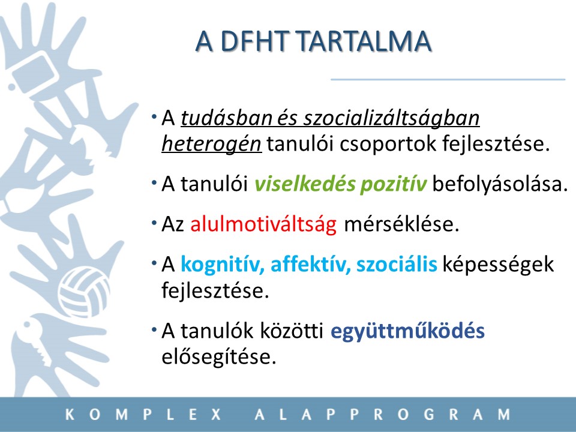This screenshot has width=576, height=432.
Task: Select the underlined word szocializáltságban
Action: [391, 119]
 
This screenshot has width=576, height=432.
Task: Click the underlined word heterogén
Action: [212, 144]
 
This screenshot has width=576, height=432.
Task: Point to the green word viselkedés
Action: [305, 184]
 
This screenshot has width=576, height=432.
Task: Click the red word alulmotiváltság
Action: [263, 224]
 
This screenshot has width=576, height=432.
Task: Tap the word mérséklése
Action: [401, 224]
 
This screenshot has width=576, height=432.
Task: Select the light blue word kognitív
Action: [223, 265]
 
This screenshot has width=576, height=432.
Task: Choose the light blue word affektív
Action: [311, 264]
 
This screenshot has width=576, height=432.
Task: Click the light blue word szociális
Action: [397, 264]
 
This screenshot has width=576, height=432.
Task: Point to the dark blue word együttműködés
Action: [407, 331]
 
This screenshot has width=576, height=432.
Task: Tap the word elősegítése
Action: [219, 356]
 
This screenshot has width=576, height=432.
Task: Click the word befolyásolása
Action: [500, 184]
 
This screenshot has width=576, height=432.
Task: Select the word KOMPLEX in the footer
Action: [143, 415]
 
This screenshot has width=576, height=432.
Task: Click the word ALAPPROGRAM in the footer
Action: [382, 415]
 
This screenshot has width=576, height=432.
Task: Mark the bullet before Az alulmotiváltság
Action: [154, 223]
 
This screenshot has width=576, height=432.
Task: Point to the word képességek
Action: [498, 265]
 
